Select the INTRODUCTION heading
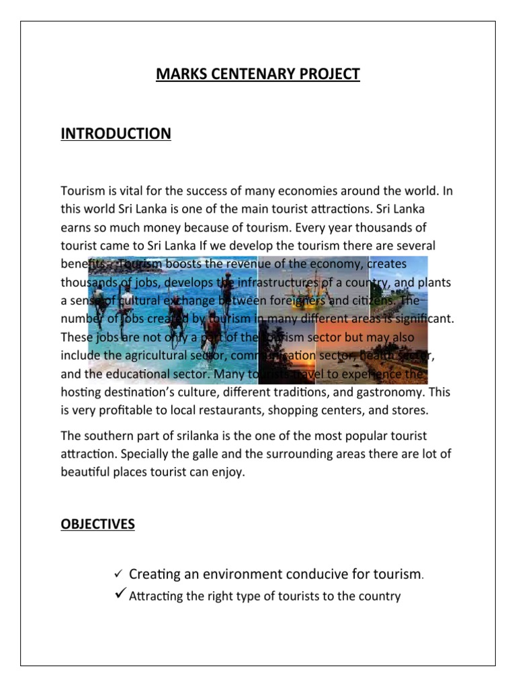[116, 134]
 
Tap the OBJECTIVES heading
[97, 524]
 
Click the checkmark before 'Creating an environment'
[117, 574]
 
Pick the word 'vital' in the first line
[132, 191]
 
